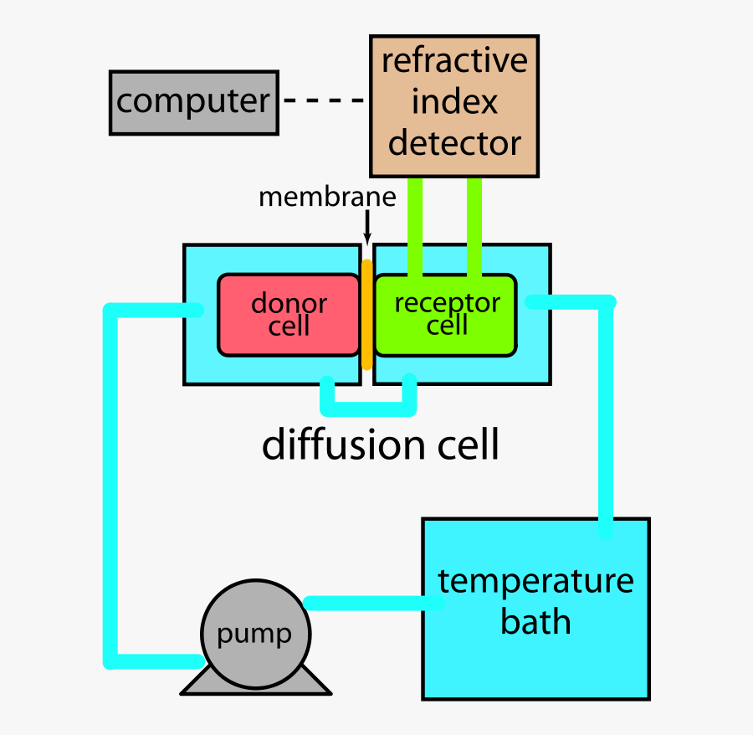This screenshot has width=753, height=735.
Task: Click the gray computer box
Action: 193,102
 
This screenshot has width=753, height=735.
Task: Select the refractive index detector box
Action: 454,106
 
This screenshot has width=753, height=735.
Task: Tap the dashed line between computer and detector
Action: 324,101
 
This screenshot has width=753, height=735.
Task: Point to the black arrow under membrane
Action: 367,227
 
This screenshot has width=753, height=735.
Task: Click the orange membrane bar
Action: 366,314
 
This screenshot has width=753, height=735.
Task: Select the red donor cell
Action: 289,314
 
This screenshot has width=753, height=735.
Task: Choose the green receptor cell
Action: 445,314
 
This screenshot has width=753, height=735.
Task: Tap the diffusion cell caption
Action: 381,445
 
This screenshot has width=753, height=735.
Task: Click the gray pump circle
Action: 255,633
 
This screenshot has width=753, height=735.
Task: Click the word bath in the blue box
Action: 535,623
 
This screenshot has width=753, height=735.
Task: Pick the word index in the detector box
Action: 454,102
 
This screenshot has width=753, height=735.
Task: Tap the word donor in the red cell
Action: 289,303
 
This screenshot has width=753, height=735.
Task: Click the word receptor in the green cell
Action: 447,303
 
